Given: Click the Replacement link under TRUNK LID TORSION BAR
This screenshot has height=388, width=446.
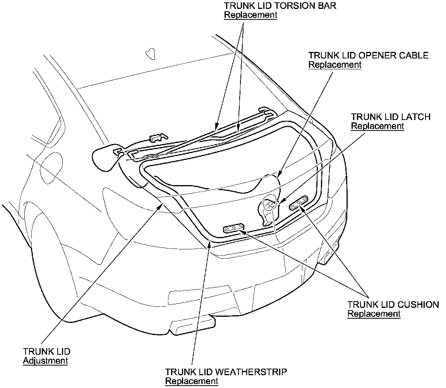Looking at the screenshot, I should [250, 15].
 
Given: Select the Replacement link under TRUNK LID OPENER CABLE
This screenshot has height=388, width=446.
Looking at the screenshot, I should [334, 65].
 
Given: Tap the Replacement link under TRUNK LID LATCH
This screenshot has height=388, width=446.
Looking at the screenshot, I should [377, 126].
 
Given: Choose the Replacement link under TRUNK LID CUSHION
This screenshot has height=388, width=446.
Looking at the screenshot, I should [374, 314].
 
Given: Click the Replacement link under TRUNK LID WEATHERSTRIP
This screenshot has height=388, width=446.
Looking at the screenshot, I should [192, 381].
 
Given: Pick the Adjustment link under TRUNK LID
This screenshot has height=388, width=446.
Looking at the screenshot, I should [45, 361].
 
